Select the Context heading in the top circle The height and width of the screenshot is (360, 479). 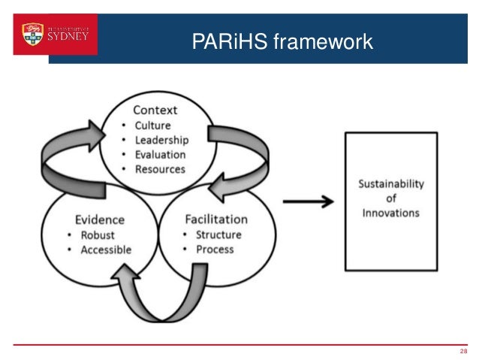tap(155, 110)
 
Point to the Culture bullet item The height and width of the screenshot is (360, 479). tap(152, 126)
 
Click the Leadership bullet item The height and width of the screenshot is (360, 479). tap(161, 140)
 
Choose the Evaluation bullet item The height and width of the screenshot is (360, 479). tap(160, 154)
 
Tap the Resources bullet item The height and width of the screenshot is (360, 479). tap(159, 169)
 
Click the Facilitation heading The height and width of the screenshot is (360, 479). tap(216, 219)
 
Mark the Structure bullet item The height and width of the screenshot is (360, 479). tap(218, 234)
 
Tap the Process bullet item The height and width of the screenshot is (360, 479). tap(215, 249)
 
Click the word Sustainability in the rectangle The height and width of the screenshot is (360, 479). tap(390, 183)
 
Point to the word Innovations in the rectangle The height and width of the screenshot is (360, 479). tap(390, 213)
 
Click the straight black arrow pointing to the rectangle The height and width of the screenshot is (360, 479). tap(308, 201)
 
